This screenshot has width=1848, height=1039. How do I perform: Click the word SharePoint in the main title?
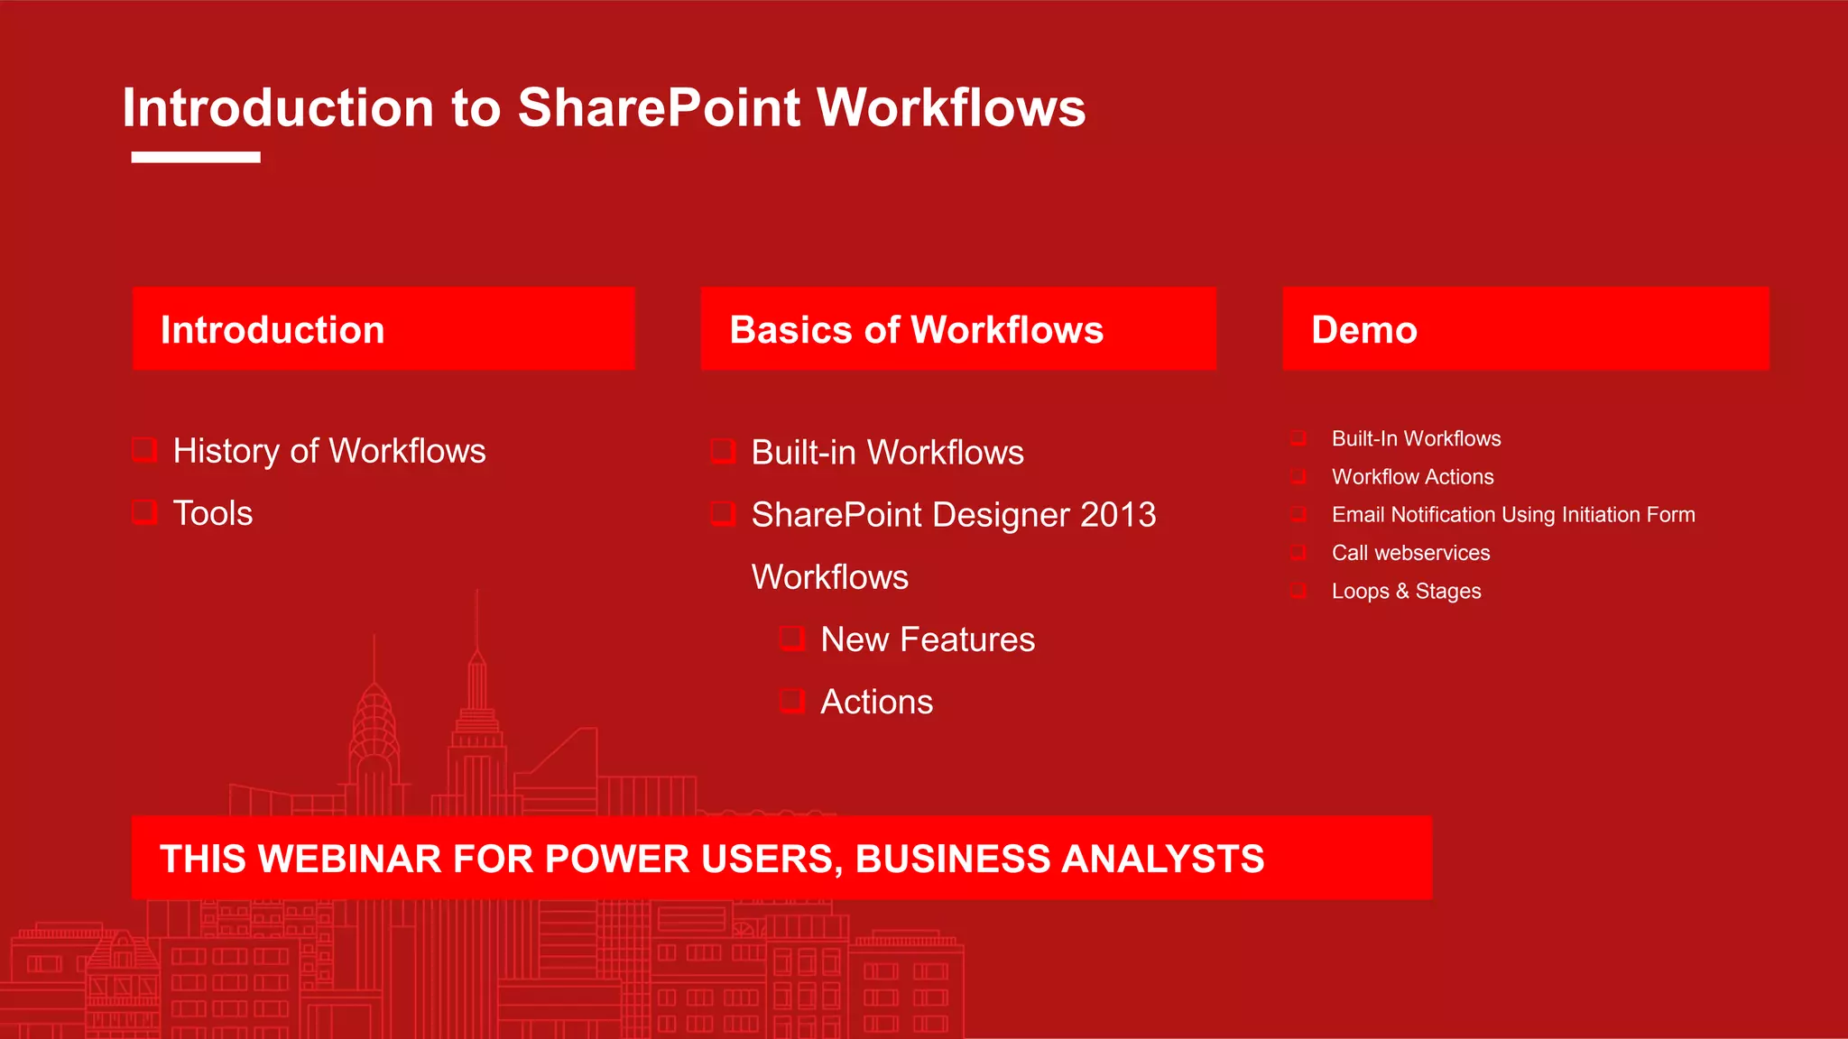click(x=659, y=108)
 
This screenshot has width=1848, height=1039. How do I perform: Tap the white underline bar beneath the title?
click(x=196, y=157)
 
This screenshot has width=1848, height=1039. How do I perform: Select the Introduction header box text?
click(x=273, y=330)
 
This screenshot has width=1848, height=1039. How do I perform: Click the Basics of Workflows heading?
click(x=916, y=330)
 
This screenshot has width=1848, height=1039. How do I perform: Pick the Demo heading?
click(x=1363, y=330)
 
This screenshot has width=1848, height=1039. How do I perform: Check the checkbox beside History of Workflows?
click(x=144, y=449)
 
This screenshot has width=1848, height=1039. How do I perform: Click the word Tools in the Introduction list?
click(x=213, y=513)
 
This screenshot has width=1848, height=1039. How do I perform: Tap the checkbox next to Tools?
click(x=144, y=512)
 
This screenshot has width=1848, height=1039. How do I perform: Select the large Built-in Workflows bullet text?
click(x=887, y=452)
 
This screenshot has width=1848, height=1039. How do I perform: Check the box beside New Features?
click(x=791, y=639)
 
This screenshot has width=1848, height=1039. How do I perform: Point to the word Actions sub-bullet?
click(x=876, y=702)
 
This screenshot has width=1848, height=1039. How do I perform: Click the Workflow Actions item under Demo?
click(x=1412, y=476)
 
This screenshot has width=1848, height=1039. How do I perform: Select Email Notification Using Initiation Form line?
click(x=1513, y=514)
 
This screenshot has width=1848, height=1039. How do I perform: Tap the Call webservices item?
click(x=1410, y=553)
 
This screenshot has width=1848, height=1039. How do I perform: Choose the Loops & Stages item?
click(x=1406, y=592)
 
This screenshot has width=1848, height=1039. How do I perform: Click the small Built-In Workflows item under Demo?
click(x=1416, y=438)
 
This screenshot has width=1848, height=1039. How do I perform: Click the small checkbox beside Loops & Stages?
click(x=1298, y=591)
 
